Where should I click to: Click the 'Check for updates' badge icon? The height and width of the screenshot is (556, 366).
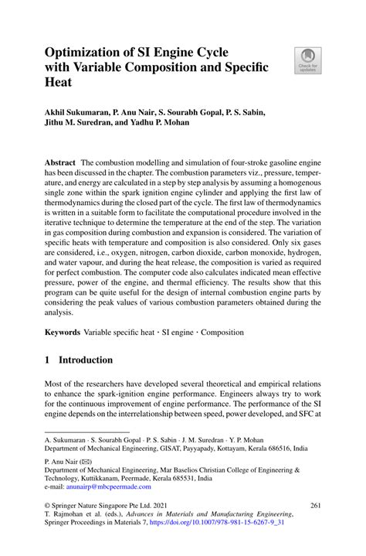point(307,61)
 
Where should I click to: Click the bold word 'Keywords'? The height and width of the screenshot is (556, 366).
point(63,333)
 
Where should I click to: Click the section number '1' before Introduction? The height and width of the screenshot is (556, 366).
point(48,360)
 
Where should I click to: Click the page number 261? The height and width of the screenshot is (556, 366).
point(315,505)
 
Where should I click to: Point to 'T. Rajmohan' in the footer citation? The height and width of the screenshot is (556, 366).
point(66,514)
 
